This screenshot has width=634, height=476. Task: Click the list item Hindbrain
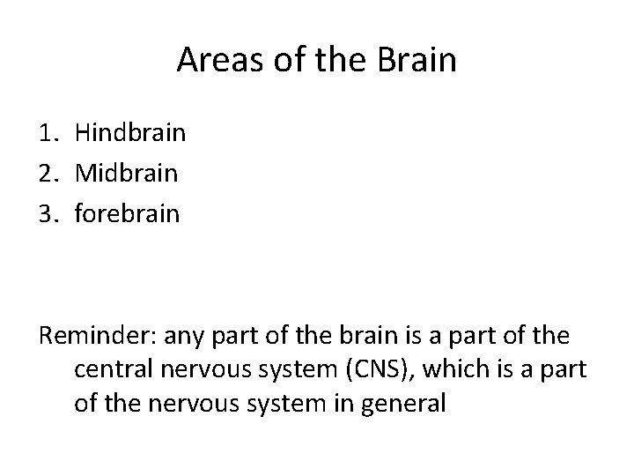click(x=130, y=133)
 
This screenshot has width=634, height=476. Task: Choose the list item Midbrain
click(x=127, y=173)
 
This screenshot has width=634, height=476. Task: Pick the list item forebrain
click(x=128, y=212)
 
